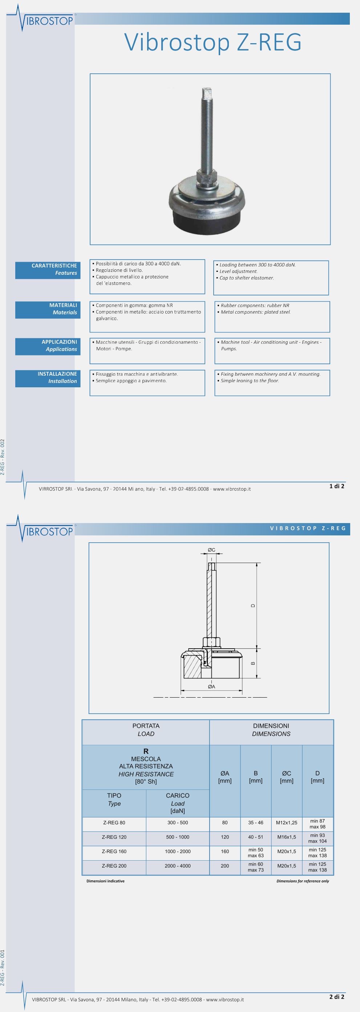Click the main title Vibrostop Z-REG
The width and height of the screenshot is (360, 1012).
tap(213, 42)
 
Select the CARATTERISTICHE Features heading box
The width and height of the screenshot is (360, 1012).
tap(48, 269)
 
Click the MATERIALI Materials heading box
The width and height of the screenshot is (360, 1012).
tap(48, 309)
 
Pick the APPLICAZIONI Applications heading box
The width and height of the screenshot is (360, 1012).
tap(48, 346)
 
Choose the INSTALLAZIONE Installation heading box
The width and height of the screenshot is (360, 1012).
tap(48, 378)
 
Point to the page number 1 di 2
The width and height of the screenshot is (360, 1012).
tap(336, 486)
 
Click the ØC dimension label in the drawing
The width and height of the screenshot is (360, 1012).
tap(211, 550)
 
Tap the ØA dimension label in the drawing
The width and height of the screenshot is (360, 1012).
tap(211, 686)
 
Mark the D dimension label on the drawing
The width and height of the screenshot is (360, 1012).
tap(253, 605)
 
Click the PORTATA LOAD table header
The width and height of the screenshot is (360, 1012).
tap(146, 730)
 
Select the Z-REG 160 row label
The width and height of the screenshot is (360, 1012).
tap(114, 851)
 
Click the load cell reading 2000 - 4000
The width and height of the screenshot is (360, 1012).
tap(178, 865)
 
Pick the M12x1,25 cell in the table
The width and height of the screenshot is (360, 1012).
tap(287, 823)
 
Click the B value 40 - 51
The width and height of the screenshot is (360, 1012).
tap(255, 837)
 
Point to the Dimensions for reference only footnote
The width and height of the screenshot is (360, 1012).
tap(303, 881)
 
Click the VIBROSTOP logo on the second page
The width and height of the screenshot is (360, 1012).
tap(47, 531)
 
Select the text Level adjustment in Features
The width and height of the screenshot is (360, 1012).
tap(239, 272)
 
